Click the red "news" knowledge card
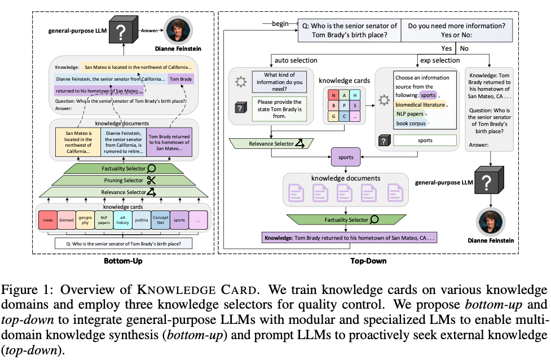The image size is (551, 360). pyautogui.click(x=47, y=219)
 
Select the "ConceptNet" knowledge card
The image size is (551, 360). pyautogui.click(x=160, y=219)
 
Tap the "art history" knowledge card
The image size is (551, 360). pyautogui.click(x=122, y=219)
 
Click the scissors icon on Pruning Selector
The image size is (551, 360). pyautogui.click(x=151, y=181)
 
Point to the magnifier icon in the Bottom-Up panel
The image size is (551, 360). pyautogui.click(x=151, y=168)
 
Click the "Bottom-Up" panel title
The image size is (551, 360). pyautogui.click(x=123, y=261)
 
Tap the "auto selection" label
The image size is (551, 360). pyautogui.click(x=296, y=60)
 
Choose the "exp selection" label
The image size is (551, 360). pyautogui.click(x=439, y=60)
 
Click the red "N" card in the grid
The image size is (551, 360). pyautogui.click(x=333, y=94)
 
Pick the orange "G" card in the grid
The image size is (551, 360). pyautogui.click(x=333, y=116)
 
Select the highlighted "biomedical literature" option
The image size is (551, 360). pyautogui.click(x=421, y=104)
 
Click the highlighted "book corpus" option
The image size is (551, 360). pyautogui.click(x=412, y=122)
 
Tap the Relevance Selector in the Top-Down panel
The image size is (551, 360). pyautogui.click(x=269, y=144)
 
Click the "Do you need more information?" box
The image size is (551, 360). pyautogui.click(x=456, y=30)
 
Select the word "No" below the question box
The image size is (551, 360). pyautogui.click(x=465, y=49)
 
